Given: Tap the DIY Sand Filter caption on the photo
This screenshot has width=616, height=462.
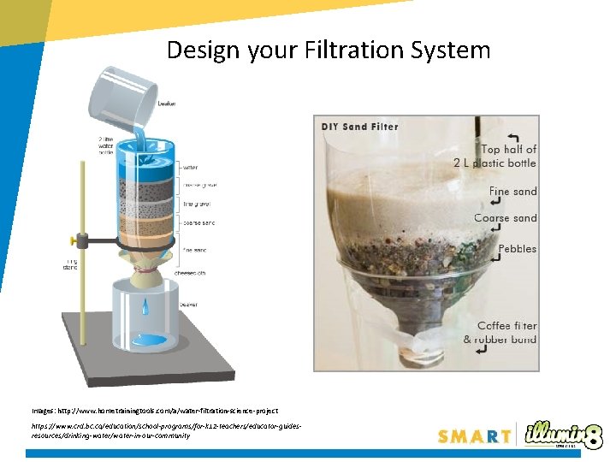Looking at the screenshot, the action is click(360, 127).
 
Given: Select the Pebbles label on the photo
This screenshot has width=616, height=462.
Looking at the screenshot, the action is click(518, 249).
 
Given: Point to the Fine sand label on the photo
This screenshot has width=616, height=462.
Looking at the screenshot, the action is click(512, 192).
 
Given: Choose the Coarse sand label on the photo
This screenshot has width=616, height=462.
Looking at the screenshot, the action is click(506, 218).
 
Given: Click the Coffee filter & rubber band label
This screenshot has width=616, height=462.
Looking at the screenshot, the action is click(500, 332).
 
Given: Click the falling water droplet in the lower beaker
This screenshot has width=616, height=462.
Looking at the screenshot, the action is click(145, 305).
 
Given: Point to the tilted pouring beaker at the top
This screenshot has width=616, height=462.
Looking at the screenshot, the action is click(125, 93).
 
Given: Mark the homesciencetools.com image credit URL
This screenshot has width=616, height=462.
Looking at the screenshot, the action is click(155, 411).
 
